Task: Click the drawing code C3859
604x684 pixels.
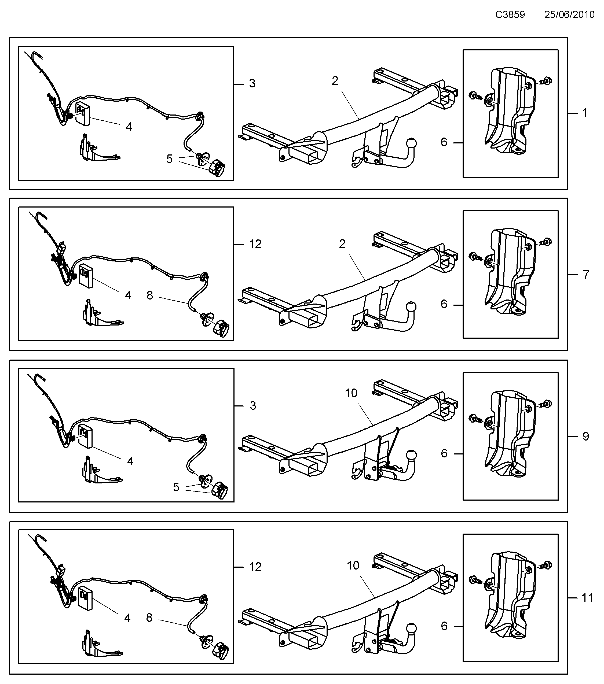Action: [x=510, y=15]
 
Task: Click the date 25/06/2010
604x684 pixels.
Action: [x=569, y=15]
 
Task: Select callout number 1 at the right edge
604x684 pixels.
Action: [x=585, y=113]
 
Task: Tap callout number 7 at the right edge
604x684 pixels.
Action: [x=585, y=275]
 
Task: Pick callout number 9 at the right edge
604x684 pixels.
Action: [x=585, y=436]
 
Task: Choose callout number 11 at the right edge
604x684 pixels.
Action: [x=587, y=598]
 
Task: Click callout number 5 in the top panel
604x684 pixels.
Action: [x=169, y=159]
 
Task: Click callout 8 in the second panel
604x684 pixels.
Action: [x=150, y=295]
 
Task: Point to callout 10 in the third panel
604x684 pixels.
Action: [x=351, y=393]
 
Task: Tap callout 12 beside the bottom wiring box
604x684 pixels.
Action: [x=255, y=567]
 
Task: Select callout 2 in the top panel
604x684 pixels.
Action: [x=335, y=81]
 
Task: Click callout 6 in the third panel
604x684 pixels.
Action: [x=444, y=453]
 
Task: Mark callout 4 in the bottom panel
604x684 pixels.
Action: [x=127, y=618]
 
